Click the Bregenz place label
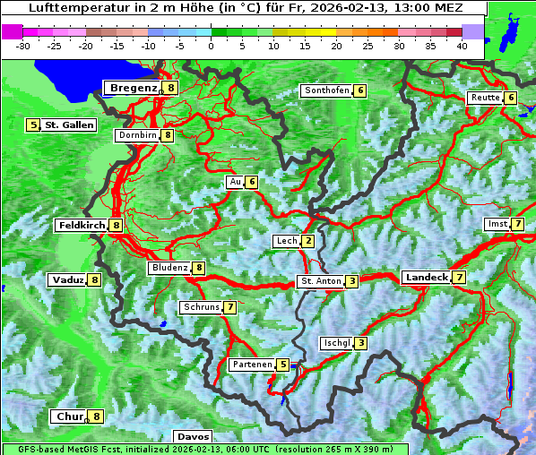point(134,88)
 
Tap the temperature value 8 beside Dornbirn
point(168,135)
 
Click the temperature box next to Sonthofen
point(359,90)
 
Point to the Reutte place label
point(485,98)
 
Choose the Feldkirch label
point(82,226)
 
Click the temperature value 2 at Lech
point(308,241)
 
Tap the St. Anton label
point(321,281)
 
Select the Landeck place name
point(426,278)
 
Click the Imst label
point(497,223)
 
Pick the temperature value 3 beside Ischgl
point(360,343)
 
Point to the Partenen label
point(251,365)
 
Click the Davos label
point(193,436)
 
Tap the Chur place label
point(68,416)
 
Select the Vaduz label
point(68,279)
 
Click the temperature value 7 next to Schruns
point(230,307)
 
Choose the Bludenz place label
point(169,268)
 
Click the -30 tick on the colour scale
point(23,46)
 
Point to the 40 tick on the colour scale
point(462,46)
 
